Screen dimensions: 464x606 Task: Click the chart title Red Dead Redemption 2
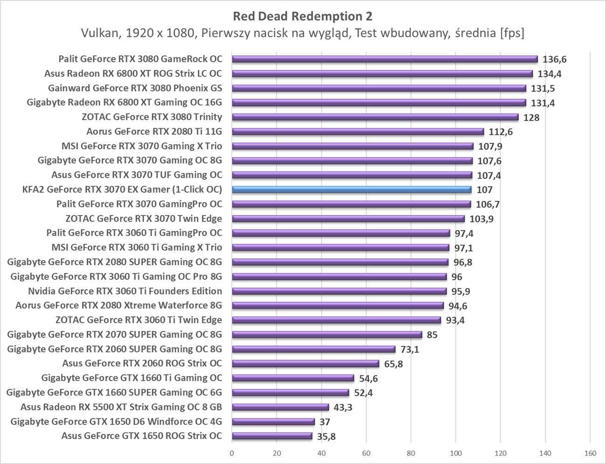303,16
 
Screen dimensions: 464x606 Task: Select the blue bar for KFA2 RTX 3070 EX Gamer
351,189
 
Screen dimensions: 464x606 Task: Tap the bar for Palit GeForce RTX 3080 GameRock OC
385,59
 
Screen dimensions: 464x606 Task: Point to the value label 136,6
554,60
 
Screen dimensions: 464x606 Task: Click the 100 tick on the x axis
455,453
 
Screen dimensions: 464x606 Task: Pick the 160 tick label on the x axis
590,453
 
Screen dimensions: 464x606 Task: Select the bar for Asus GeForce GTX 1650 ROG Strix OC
272,436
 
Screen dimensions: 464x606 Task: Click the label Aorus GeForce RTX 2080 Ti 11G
154,131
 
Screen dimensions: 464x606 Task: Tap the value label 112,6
500,132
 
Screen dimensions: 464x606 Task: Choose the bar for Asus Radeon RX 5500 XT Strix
280,407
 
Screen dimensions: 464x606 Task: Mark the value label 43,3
343,408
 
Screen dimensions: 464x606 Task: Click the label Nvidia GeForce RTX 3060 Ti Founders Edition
125,291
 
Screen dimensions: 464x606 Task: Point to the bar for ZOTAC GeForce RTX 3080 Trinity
375,117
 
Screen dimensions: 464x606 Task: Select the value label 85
432,335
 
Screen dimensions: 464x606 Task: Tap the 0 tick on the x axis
232,453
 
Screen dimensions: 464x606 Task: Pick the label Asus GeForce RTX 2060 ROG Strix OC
142,363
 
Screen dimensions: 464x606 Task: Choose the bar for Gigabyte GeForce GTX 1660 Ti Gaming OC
293,378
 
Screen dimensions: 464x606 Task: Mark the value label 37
325,422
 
